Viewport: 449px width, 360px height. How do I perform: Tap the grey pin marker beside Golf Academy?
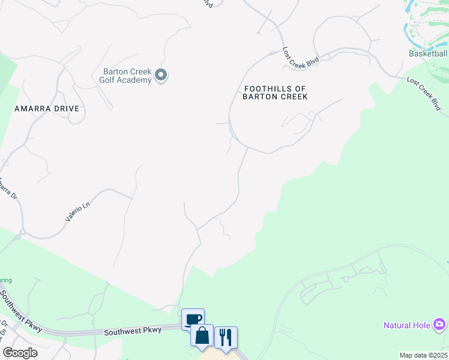[161, 75]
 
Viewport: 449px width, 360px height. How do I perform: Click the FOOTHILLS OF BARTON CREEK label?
[276, 92]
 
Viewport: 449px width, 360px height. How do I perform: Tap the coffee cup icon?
[193, 319]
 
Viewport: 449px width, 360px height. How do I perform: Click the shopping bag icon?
[202, 335]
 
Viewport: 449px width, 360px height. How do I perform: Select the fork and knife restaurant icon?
[226, 337]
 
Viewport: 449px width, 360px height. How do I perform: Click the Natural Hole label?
[407, 325]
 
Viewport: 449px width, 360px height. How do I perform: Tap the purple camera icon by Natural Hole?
[439, 325]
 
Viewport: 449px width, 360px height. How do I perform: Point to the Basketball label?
[428, 53]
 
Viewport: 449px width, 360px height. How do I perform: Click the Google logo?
[20, 353]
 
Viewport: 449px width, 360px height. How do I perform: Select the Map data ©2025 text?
[423, 355]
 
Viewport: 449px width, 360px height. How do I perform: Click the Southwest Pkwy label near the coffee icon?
[133, 331]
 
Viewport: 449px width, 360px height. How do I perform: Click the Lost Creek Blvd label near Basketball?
[424, 94]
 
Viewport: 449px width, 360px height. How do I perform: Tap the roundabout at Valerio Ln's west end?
[22, 233]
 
